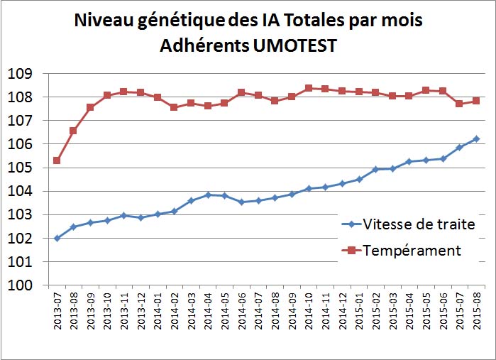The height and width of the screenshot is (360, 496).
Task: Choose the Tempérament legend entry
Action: tap(412, 250)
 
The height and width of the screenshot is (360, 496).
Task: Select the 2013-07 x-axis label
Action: tap(57, 311)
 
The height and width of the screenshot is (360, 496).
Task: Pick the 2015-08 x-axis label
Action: tap(477, 311)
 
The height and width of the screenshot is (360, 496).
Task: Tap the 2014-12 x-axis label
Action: tap(343, 311)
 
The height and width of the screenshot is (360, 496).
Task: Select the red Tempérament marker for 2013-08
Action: tap(73, 131)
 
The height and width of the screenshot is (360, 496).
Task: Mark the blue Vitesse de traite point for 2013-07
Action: tap(57, 238)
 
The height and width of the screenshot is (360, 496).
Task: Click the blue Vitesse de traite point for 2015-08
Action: tap(477, 139)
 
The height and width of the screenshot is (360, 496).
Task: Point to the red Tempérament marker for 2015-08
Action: tap(477, 101)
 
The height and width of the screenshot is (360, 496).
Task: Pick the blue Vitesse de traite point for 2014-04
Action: tap(208, 195)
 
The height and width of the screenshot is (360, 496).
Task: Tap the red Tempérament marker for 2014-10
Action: tap(309, 88)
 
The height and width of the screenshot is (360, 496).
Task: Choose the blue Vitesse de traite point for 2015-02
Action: tap(376, 169)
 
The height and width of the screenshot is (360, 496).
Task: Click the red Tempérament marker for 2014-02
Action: tap(174, 107)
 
